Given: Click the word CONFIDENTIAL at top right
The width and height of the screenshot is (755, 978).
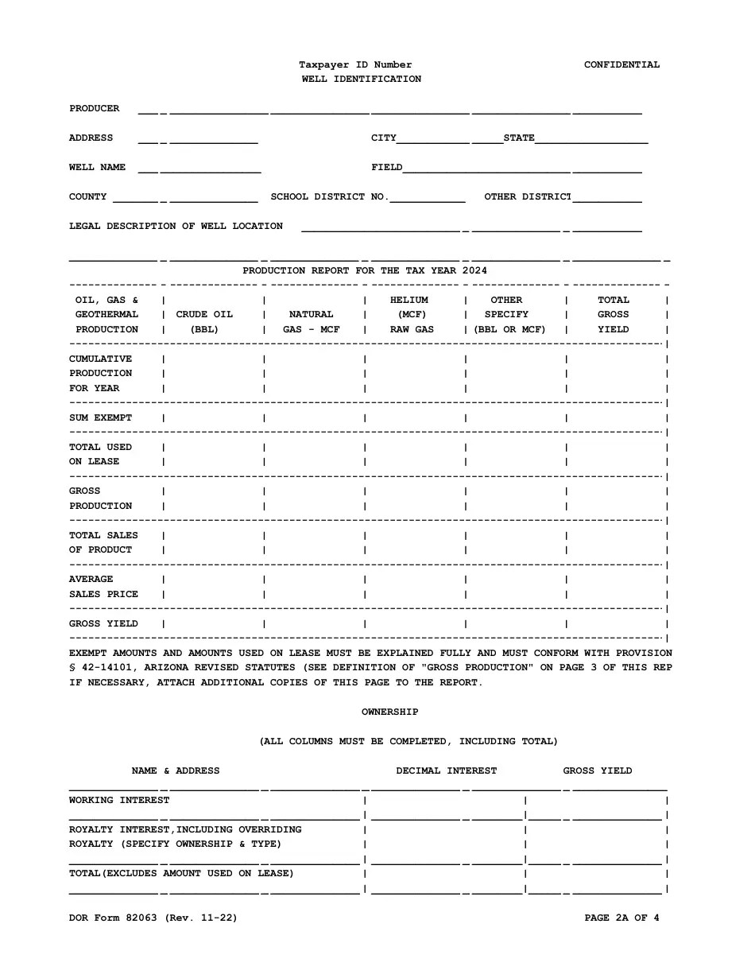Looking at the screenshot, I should point(621,65).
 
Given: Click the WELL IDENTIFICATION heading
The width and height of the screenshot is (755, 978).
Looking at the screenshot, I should point(362,80).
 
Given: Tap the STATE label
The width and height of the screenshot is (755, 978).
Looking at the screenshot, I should point(519,138).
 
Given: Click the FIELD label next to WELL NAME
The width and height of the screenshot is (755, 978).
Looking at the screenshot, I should point(387,168).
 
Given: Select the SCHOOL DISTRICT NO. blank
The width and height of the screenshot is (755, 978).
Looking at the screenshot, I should point(427,198).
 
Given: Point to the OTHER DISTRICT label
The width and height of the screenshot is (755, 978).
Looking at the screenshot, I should point(528,197).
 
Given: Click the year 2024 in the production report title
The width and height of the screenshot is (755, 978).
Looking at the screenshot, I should point(474,271).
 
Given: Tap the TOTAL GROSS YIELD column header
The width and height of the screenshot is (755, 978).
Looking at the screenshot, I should point(613,315).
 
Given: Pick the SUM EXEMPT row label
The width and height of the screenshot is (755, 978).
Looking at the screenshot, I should point(101,418).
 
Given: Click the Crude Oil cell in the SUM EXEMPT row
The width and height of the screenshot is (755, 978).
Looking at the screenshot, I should point(213,418).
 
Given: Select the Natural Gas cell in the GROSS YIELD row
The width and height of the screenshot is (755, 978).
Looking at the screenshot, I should point(314,624).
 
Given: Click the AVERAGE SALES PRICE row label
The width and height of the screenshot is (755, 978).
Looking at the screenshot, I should point(103,587).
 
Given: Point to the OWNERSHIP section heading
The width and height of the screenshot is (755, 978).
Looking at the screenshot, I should point(389,712).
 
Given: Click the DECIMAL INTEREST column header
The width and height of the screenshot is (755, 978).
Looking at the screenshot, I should point(446,771).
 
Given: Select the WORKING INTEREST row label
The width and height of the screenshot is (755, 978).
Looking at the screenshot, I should point(119,801).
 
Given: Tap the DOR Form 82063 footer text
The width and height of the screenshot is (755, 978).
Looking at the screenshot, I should point(153,918).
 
